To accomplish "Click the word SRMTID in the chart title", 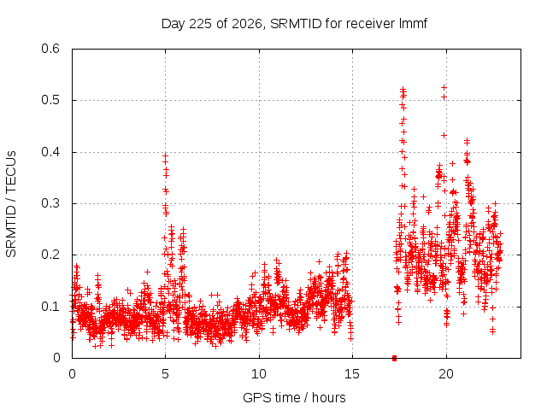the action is coord(296,24).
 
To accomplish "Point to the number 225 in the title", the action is coord(200,24).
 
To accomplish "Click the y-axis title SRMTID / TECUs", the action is coord(11,204).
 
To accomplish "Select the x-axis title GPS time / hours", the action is coord(294,397).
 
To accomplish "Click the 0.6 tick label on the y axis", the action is coord(50,49).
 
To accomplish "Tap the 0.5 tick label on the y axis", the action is coord(50,100).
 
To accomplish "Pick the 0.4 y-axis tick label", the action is coord(50,152).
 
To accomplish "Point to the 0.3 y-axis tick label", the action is coord(50,203).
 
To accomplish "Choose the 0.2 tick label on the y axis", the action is coord(50,255).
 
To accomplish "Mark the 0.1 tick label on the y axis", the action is coord(50,307).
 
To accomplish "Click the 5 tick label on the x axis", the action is coord(165,374).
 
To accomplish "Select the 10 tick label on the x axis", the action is coord(259,374).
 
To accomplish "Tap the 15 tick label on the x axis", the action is coord(352,374).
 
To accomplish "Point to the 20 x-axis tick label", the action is coord(446,374).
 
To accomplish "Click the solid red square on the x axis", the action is coord(395,358).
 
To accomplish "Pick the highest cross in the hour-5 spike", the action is coord(165,156).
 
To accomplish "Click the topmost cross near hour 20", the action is coord(444,87).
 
